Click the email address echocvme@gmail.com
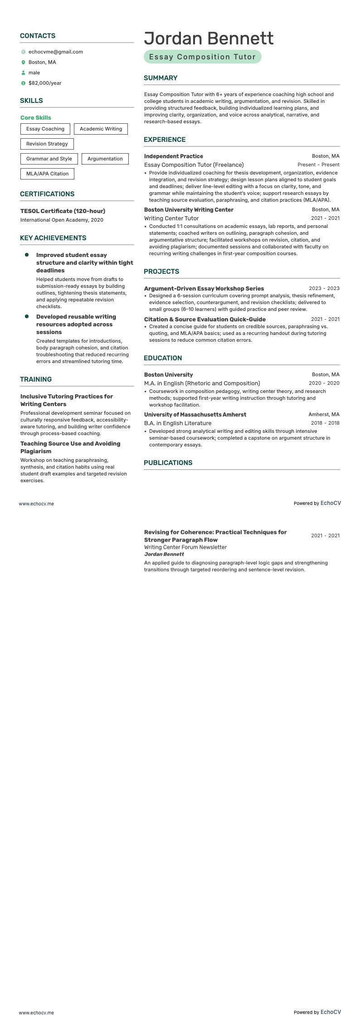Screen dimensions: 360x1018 pos(55,52)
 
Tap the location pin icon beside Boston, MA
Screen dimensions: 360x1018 pos(23,62)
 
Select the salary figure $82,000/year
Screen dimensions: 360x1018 pos(45,83)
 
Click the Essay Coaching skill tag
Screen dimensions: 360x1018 pos(45,129)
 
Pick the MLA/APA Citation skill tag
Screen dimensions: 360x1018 pos(47,174)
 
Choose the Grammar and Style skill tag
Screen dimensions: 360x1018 pos(49,159)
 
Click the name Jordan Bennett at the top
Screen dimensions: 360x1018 pos(209,39)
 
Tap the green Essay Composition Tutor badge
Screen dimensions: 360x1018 pos(202,57)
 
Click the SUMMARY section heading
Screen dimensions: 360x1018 pos(161,78)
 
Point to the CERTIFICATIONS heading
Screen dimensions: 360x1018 pos(47,194)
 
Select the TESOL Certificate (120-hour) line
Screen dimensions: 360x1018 pos(63,211)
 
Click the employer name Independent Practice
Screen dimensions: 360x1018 pos(174,156)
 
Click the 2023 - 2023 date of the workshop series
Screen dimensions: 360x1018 pos(324,288)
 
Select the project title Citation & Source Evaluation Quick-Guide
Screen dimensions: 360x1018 pos(205,319)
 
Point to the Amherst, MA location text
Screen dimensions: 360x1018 pos(324,414)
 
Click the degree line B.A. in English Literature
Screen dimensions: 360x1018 pos(178,423)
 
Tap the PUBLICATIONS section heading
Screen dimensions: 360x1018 pos(168,463)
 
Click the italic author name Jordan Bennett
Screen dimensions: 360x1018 pos(164,554)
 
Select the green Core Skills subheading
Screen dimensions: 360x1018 pos(36,117)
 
